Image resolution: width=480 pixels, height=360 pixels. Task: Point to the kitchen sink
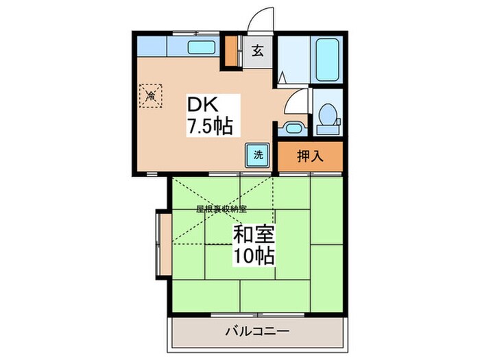[200, 48]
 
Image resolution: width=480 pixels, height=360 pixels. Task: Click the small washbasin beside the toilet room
[293, 128]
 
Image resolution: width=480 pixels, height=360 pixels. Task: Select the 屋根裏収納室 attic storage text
[221, 208]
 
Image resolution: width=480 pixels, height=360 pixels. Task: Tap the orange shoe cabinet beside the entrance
[231, 51]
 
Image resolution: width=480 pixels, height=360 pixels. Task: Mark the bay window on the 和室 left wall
[163, 243]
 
